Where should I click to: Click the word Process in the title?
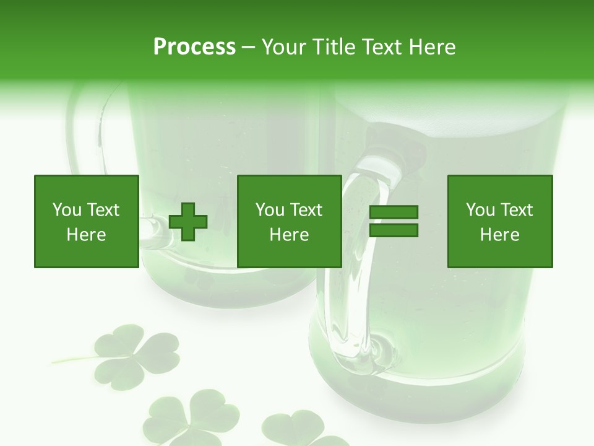[x=194, y=46]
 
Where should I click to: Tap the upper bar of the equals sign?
[x=394, y=213]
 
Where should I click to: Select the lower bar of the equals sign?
[x=394, y=230]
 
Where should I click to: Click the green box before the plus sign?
[x=87, y=221]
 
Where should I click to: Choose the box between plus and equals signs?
[x=290, y=221]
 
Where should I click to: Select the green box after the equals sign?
[x=500, y=221]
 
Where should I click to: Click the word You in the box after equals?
[x=480, y=210]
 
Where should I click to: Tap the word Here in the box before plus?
[x=87, y=235]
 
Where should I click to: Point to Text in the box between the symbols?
[x=306, y=210]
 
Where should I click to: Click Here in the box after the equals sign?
[x=500, y=235]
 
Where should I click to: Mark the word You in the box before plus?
[x=66, y=210]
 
